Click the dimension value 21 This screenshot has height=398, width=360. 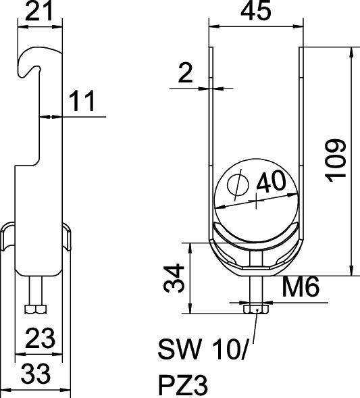coord(40,11)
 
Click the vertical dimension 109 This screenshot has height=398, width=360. coord(336,160)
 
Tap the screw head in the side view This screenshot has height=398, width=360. coord(36,309)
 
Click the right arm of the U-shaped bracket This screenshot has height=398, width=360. coord(300,135)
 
